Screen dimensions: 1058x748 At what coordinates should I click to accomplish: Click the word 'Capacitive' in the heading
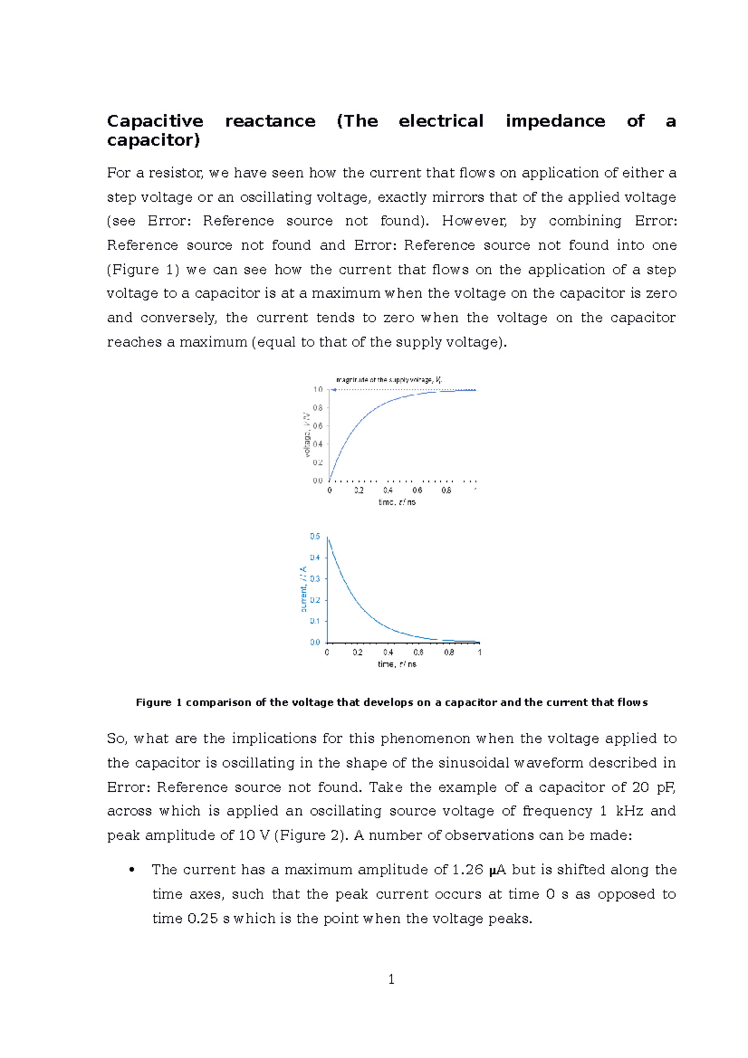point(155,121)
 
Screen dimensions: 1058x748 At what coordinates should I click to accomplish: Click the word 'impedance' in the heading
point(555,121)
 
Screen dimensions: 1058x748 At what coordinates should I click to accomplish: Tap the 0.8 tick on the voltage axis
point(318,408)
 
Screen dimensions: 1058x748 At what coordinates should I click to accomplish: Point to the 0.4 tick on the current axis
point(315,558)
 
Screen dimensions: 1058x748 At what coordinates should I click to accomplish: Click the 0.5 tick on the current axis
point(315,536)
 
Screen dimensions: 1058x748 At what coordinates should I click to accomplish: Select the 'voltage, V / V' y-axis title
point(306,434)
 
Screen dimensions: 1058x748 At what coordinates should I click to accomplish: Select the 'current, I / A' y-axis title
point(304,589)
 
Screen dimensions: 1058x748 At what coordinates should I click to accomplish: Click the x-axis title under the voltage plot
point(397,502)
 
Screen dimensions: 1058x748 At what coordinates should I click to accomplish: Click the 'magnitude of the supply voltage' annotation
point(389,379)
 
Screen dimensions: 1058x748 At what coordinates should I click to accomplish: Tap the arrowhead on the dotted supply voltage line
point(334,390)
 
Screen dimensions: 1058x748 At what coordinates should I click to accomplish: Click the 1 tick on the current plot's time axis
point(479,652)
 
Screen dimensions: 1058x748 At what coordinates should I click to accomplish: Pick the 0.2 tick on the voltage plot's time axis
point(358,491)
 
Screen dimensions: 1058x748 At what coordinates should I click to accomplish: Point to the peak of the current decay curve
point(328,539)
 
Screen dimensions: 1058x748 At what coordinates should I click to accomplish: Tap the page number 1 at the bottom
point(391,979)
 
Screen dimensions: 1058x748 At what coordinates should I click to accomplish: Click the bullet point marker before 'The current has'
point(132,870)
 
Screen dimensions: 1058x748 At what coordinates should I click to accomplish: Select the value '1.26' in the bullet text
point(467,870)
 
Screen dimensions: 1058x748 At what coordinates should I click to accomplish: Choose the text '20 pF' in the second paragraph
point(654,787)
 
